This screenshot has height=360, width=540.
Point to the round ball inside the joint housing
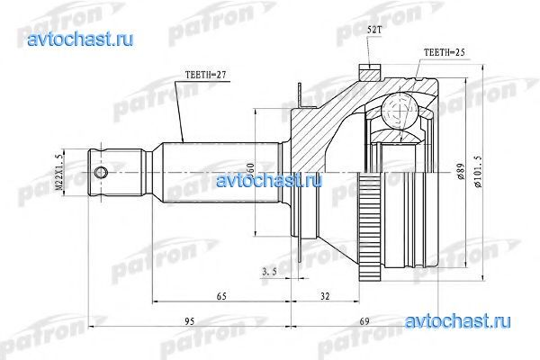tap(395, 111)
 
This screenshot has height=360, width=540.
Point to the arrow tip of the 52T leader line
tap(366, 62)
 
